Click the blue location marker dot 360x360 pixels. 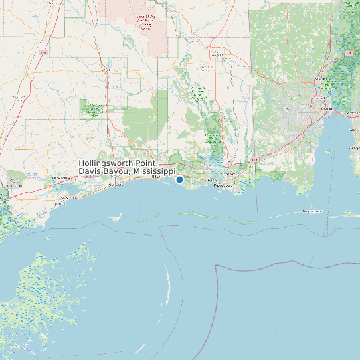179,179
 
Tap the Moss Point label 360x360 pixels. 228,174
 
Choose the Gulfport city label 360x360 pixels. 116,185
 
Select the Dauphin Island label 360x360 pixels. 312,211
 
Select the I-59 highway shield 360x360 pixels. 44,52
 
